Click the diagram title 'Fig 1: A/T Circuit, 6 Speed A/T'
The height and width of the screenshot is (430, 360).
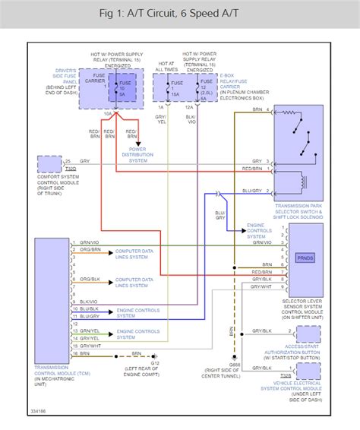coord(179,14)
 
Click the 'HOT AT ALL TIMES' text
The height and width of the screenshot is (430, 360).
coord(167,68)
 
